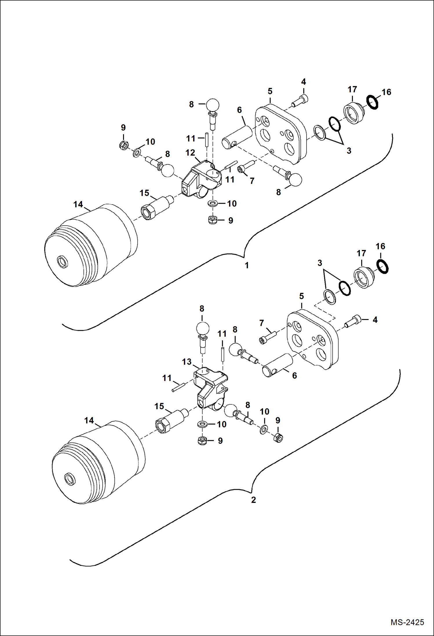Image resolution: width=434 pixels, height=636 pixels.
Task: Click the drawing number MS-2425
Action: [x=407, y=622]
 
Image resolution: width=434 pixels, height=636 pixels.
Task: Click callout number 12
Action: [x=190, y=153]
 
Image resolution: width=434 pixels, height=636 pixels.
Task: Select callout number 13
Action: [x=187, y=362]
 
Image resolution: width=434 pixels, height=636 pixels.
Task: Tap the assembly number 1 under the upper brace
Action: [x=247, y=265]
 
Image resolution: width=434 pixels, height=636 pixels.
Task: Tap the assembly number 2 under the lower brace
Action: [x=253, y=500]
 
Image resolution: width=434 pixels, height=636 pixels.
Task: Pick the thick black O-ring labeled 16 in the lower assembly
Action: [x=382, y=266]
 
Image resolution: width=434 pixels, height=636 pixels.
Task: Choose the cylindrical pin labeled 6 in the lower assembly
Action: [x=278, y=365]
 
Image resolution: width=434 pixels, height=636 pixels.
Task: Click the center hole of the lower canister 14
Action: [x=70, y=479]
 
